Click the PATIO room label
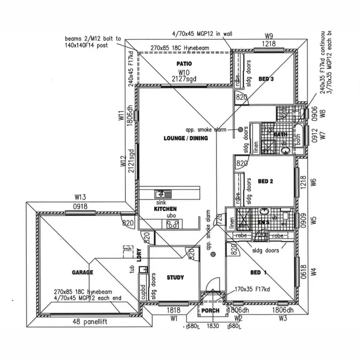pyautogui.click(x=184, y=63)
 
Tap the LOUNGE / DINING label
pyautogui.click(x=186, y=138)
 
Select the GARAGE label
pyautogui.click(x=83, y=272)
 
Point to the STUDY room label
pyautogui.click(x=175, y=277)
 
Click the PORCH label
pyautogui.click(x=210, y=311)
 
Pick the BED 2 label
pyautogui.click(x=265, y=181)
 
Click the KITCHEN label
pyautogui.click(x=166, y=209)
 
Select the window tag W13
pyautogui.click(x=80, y=197)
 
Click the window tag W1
pyautogui.click(x=174, y=318)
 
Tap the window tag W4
pyautogui.click(x=314, y=272)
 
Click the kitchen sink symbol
pyautogui.click(x=163, y=194)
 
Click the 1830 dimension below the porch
pyautogui.click(x=213, y=326)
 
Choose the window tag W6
pyautogui.click(x=314, y=182)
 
